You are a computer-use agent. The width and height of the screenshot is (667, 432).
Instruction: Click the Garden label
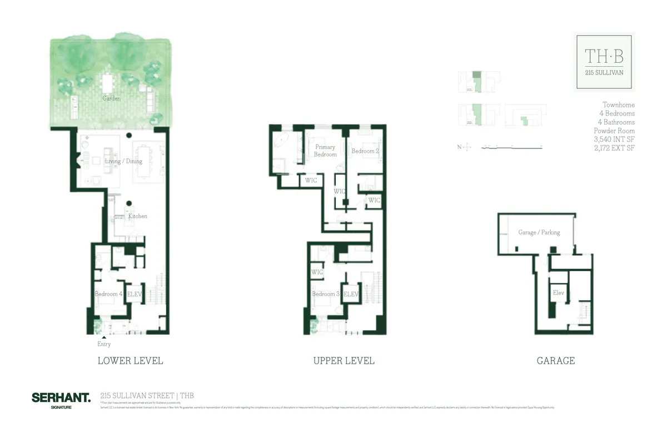(112, 98)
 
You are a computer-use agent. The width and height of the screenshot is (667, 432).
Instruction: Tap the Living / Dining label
(124, 161)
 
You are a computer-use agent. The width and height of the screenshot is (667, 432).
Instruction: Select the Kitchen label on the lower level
(138, 216)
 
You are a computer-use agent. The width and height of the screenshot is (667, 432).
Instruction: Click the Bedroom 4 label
(108, 294)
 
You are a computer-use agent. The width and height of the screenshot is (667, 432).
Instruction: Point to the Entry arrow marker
(103, 337)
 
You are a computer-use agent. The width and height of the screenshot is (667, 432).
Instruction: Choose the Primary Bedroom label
(325, 151)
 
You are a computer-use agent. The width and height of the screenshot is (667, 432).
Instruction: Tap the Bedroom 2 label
(365, 151)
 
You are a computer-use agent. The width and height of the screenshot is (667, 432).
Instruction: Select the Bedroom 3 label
(325, 294)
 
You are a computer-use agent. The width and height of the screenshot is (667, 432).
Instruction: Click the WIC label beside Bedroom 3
(317, 272)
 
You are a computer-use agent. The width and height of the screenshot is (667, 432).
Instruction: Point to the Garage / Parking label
(539, 232)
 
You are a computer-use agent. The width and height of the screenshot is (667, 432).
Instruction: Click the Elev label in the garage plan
(558, 292)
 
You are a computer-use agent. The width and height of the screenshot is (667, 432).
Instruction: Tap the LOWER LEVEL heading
(130, 361)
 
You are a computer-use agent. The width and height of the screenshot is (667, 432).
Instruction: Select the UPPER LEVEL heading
(344, 361)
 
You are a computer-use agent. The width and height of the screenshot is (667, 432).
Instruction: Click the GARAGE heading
(555, 361)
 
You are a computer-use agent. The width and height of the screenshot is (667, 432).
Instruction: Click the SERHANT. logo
(61, 398)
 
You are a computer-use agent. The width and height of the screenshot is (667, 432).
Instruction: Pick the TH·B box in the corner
(604, 62)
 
